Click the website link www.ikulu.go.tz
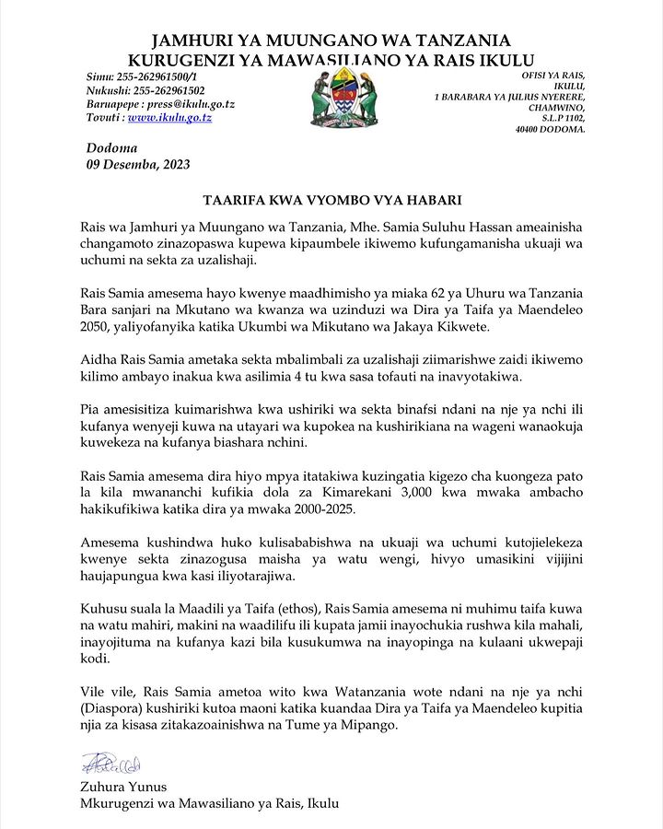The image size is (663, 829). click(x=169, y=118)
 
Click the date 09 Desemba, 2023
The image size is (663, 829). click(x=138, y=165)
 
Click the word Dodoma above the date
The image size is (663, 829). click(x=111, y=148)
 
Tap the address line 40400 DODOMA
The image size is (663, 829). click(x=550, y=130)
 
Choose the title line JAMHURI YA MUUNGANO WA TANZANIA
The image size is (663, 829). click(x=331, y=41)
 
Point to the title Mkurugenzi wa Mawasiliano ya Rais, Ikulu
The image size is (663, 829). click(x=210, y=803)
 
